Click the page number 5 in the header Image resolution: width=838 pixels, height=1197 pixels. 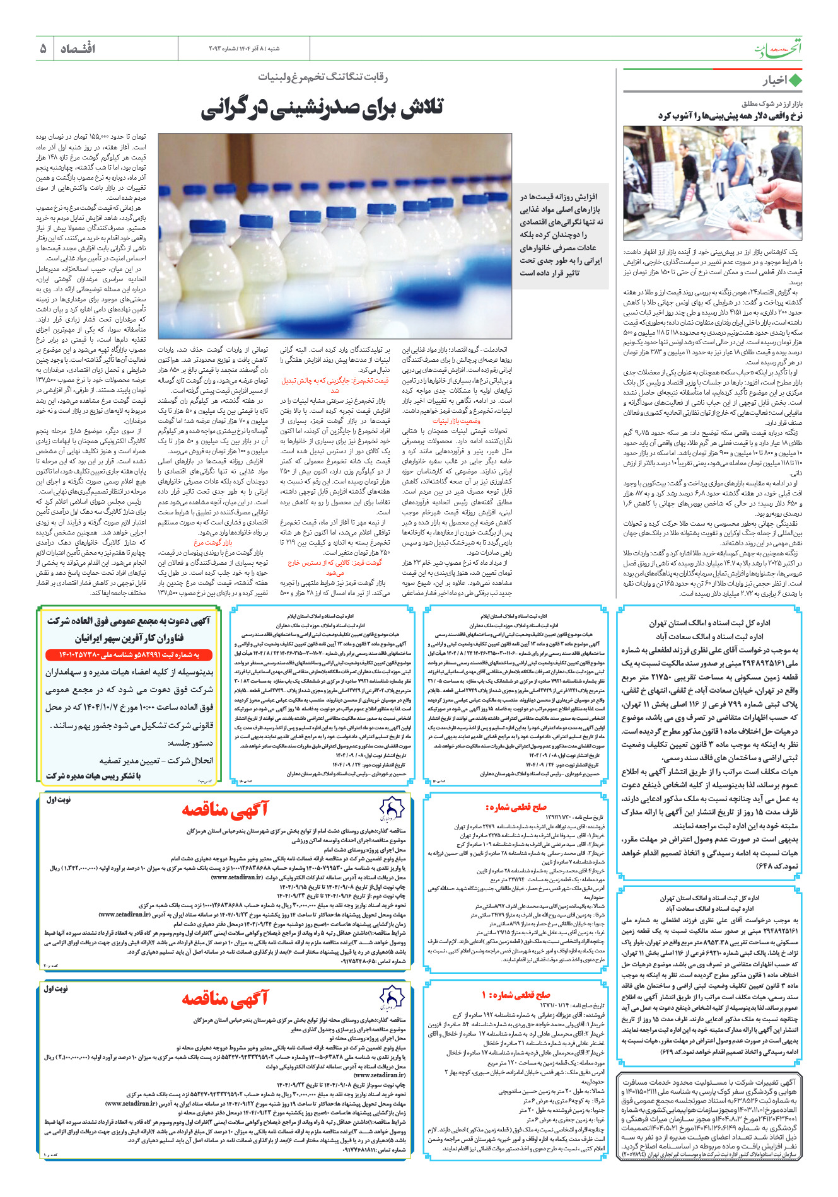coord(43,48)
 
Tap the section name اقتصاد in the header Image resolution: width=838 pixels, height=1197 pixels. coord(78,48)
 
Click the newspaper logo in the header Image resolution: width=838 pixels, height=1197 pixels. coord(778,49)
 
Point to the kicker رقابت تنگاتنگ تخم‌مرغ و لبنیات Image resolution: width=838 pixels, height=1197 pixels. coord(322,77)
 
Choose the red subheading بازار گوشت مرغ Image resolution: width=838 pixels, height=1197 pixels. coord(212,542)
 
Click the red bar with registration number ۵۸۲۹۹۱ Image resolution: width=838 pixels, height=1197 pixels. coord(130,655)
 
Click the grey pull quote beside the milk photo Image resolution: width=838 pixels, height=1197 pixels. coord(561,234)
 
